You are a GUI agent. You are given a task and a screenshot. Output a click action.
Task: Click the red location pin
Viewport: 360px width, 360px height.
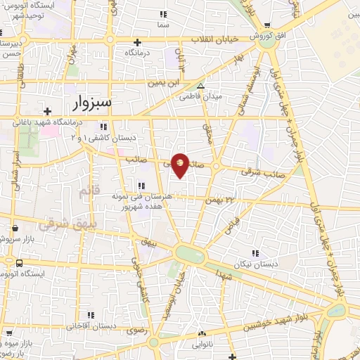(x=181, y=165)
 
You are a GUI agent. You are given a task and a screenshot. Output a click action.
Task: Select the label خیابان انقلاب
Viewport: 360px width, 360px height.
(x=221, y=39)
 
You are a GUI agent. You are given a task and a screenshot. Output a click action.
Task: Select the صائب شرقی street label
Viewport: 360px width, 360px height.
(x=255, y=171)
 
